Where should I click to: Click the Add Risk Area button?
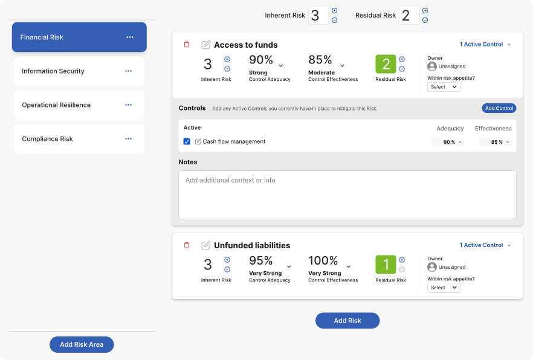[82, 344]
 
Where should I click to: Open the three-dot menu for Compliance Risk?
[128, 139]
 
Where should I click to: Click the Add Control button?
[499, 108]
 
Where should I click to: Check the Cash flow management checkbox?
[187, 142]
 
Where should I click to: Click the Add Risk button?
[347, 320]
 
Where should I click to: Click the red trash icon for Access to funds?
[187, 45]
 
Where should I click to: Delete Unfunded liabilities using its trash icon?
[187, 245]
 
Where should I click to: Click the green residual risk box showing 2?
[386, 64]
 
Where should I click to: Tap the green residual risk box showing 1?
[386, 265]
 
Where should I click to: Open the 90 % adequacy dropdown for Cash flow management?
[448, 142]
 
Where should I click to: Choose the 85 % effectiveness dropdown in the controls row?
[495, 142]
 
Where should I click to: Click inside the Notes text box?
[347, 194]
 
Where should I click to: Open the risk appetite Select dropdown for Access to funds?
[444, 87]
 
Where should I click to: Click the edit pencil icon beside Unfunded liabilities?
[206, 245]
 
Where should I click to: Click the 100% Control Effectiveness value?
[324, 261]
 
